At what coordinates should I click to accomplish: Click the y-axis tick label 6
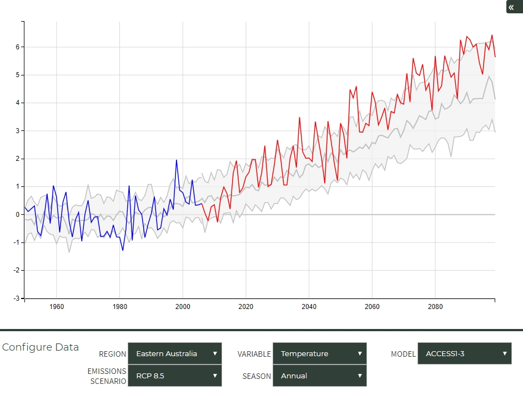pos(18,47)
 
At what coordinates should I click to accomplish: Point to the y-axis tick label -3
pos(17,298)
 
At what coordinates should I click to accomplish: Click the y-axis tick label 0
pos(18,215)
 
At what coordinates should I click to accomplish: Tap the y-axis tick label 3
pos(18,131)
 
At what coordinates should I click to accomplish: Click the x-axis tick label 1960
pos(56,307)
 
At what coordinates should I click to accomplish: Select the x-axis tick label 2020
pos(245,307)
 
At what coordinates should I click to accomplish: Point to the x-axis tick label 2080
pos(435,307)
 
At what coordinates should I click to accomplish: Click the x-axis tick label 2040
pos(309,307)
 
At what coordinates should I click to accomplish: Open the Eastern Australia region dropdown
pos(174,353)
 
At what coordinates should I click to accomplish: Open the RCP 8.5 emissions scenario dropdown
pos(174,376)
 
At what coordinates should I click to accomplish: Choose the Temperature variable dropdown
pos(319,353)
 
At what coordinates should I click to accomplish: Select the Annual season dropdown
pos(319,376)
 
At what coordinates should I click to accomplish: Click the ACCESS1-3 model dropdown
pos(464,353)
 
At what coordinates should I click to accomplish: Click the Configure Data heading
pos(41,347)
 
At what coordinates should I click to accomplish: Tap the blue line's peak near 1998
pos(177,160)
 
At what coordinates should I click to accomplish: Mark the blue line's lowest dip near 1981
pos(123,250)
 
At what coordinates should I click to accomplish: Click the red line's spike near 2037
pos(299,118)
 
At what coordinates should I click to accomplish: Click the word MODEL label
pos(403,354)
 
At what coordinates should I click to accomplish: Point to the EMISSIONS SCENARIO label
pos(107,376)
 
